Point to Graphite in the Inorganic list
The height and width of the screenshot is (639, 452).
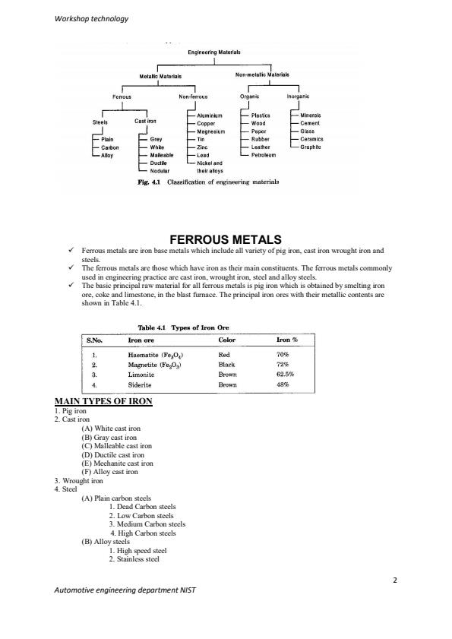coord(312,147)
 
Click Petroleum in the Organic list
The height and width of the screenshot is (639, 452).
coord(266,154)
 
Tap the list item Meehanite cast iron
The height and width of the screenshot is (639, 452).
coord(117,462)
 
